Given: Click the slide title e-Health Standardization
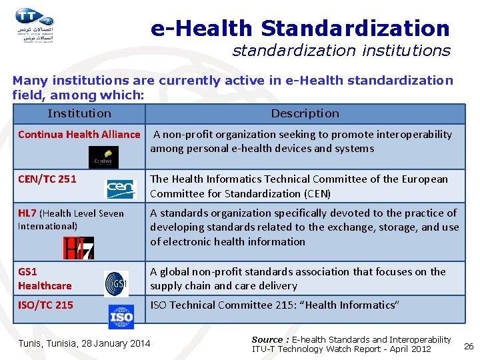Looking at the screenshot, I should [300, 28].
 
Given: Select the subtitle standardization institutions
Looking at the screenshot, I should [341, 51].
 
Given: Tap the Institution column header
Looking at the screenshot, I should [79, 113].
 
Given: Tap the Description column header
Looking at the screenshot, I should [305, 113].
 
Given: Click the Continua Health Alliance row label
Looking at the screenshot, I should [79, 135].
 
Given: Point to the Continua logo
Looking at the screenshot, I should [103, 157].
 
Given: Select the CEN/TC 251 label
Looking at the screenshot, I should [47, 179].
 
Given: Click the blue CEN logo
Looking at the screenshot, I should [121, 189].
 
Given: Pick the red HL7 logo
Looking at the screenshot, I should [78, 247].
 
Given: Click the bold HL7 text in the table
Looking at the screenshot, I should [27, 213].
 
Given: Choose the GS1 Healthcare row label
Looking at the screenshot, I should [45, 279].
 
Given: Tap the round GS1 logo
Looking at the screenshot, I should [116, 283].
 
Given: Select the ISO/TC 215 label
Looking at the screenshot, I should [45, 305].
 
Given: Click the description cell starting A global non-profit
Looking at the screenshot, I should [297, 279].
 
